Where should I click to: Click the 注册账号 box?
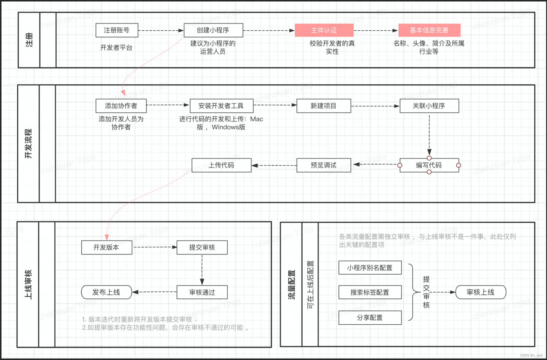pos(117,30)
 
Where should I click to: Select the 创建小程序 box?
pos(213,30)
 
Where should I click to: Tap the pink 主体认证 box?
pos(324,30)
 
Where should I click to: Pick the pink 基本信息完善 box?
pos(429,30)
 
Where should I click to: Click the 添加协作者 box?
pos(121,106)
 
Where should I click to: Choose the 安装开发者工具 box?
pos(221,106)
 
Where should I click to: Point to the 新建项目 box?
pos(324,106)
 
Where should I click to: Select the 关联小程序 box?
pos(429,106)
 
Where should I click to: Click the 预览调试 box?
pos(324,165)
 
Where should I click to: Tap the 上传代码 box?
pos(221,165)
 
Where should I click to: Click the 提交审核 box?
pos(202,247)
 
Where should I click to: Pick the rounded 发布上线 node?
pos(106,292)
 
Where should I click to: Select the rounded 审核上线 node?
pos(480,292)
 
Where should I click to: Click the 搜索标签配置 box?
pos(370,292)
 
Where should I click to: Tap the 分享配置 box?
pos(370,318)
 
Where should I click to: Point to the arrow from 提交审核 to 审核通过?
pos(202,270)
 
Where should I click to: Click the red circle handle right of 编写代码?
pos(458,165)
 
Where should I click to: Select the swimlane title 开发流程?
pos(28,144)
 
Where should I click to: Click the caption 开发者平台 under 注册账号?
pos(116,48)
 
